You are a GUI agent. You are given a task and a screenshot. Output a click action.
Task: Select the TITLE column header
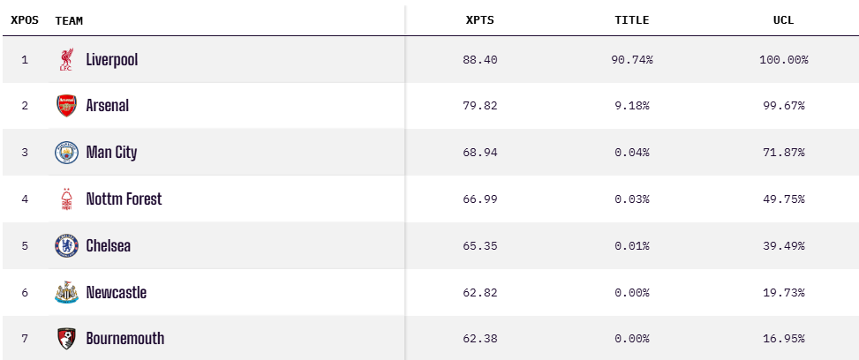tap(631, 20)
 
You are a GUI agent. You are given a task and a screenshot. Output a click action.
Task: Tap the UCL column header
tap(783, 20)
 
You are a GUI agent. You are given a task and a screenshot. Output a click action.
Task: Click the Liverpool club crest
tap(66, 60)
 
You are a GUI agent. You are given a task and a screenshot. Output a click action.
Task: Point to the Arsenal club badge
tap(66, 106)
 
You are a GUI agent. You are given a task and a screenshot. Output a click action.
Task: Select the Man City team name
tap(111, 153)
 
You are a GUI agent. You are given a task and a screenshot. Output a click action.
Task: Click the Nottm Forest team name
tap(124, 199)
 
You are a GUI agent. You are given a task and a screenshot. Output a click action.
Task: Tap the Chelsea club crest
tap(66, 246)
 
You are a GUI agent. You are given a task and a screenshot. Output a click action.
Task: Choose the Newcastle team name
tap(116, 293)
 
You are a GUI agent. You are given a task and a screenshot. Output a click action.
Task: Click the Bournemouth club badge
tap(66, 339)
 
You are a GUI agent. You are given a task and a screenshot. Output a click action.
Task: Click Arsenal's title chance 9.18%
tap(631, 106)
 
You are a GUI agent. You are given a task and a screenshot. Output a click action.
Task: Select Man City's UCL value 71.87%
tap(783, 153)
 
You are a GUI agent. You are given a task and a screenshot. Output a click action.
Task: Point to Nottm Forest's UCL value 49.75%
tap(783, 199)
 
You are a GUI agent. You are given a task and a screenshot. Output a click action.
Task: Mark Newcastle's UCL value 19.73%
tap(783, 293)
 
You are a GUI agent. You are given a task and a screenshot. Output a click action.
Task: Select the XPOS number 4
tap(25, 199)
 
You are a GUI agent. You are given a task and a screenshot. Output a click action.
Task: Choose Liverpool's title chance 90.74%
tap(631, 60)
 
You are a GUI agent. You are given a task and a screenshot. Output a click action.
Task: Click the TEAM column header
tap(69, 20)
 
